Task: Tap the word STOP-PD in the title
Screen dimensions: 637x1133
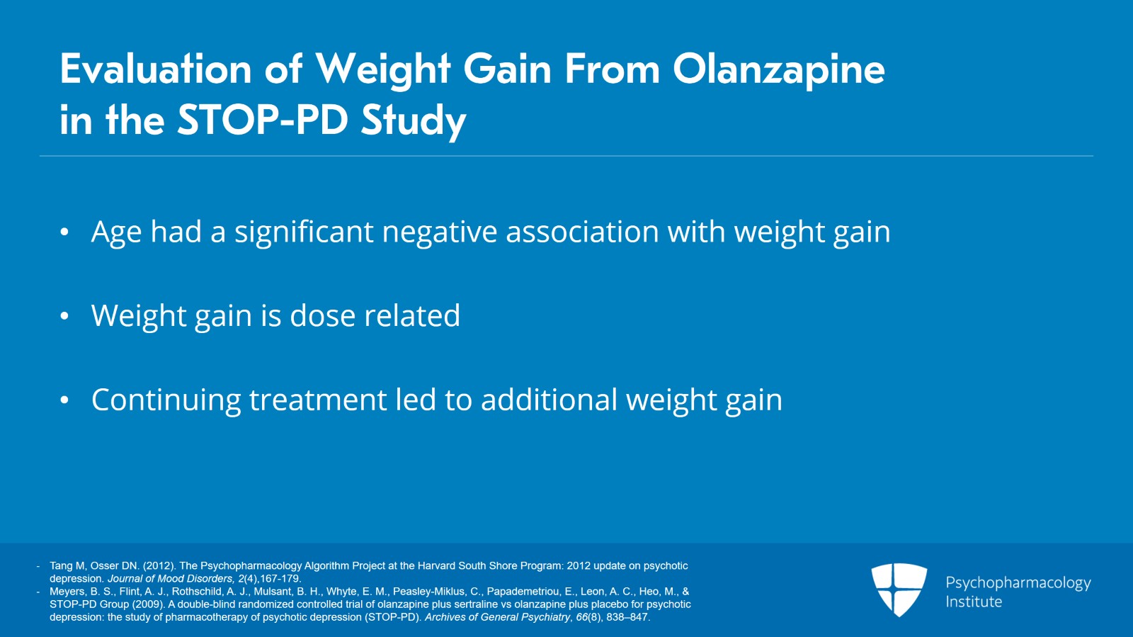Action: pos(262,120)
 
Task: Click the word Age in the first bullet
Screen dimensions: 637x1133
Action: pos(116,233)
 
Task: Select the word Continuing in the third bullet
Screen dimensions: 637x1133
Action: pos(166,401)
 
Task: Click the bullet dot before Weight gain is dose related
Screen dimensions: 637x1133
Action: pos(64,317)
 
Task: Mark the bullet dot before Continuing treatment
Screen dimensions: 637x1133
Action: pos(64,401)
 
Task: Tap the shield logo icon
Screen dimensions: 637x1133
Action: pos(899,588)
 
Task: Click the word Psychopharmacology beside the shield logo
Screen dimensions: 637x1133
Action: pos(1018,583)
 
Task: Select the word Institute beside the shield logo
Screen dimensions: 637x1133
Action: pos(974,602)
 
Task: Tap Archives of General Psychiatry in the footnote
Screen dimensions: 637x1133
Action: pos(497,617)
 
